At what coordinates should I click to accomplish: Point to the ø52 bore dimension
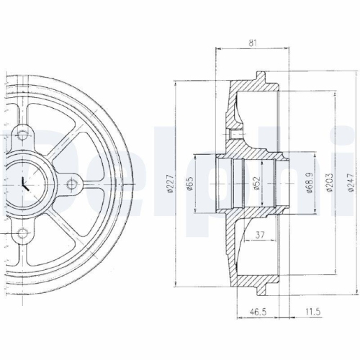pos(256,184)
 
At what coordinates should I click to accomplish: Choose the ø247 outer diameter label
pos(351,184)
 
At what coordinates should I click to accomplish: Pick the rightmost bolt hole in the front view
pos(71,184)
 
